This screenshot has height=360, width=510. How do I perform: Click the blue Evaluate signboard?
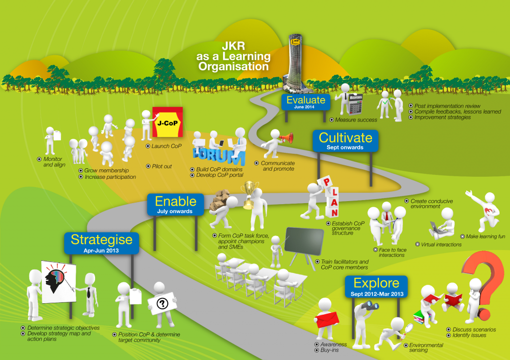306,102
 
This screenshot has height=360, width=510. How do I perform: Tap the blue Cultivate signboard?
346,141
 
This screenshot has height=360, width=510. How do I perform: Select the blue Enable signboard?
176,205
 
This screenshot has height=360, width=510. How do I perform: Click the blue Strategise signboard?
102,243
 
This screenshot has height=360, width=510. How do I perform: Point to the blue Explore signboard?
377,286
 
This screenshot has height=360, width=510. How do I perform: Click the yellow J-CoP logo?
167,122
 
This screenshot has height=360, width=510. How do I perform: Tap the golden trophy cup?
249,195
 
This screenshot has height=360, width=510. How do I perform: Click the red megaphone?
286,138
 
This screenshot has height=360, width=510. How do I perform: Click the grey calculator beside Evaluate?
355,104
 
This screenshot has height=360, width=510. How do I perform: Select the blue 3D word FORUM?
219,156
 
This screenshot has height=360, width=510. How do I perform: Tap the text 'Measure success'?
356,120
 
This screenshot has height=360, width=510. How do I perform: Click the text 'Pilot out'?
162,166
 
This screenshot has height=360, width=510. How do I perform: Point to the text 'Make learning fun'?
485,237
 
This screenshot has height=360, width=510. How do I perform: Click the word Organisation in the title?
234,67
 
